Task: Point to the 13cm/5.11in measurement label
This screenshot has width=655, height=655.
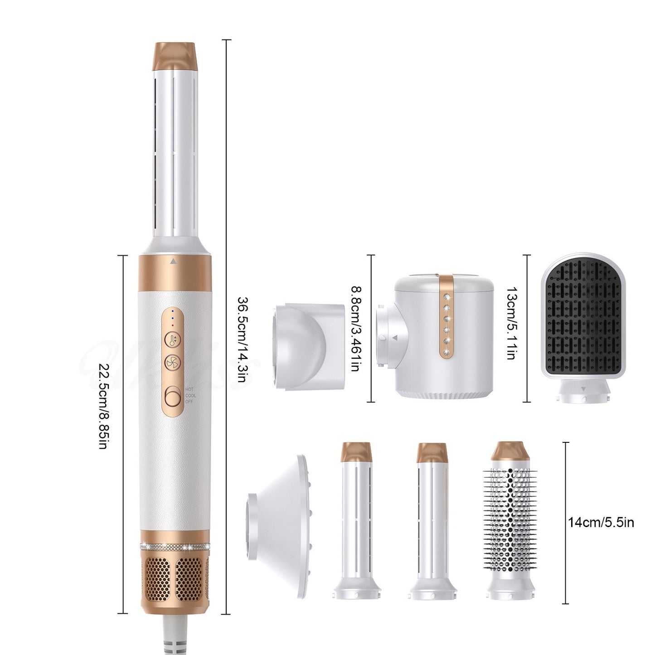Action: click(511, 323)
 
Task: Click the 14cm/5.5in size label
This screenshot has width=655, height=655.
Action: click(601, 523)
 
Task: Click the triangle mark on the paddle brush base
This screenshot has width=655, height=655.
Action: click(583, 388)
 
